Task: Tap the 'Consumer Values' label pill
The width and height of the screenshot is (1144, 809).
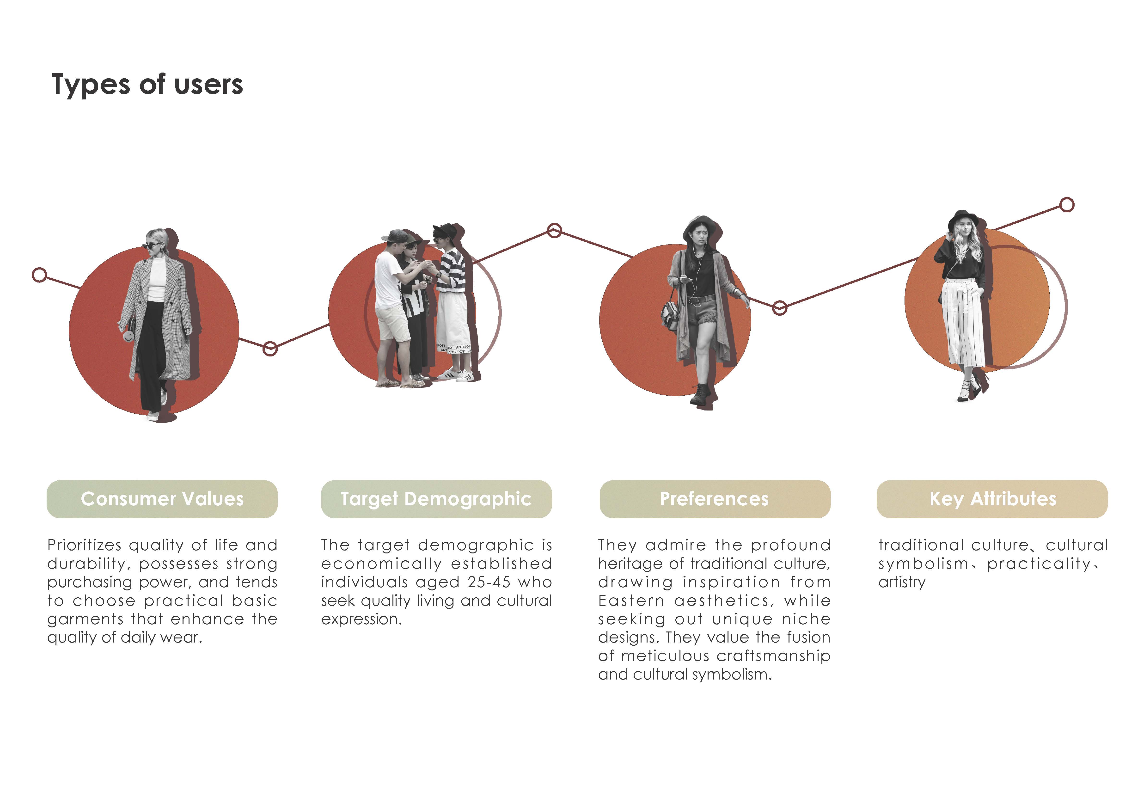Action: pos(162,499)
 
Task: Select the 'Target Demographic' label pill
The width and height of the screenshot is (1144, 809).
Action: pos(436,499)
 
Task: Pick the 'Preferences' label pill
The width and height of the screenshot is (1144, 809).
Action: pos(715,499)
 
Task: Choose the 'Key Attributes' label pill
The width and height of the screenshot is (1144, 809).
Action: pos(992,499)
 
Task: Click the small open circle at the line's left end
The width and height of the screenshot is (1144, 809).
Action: pos(39,275)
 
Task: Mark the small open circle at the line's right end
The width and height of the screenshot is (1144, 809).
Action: pos(1067,205)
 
